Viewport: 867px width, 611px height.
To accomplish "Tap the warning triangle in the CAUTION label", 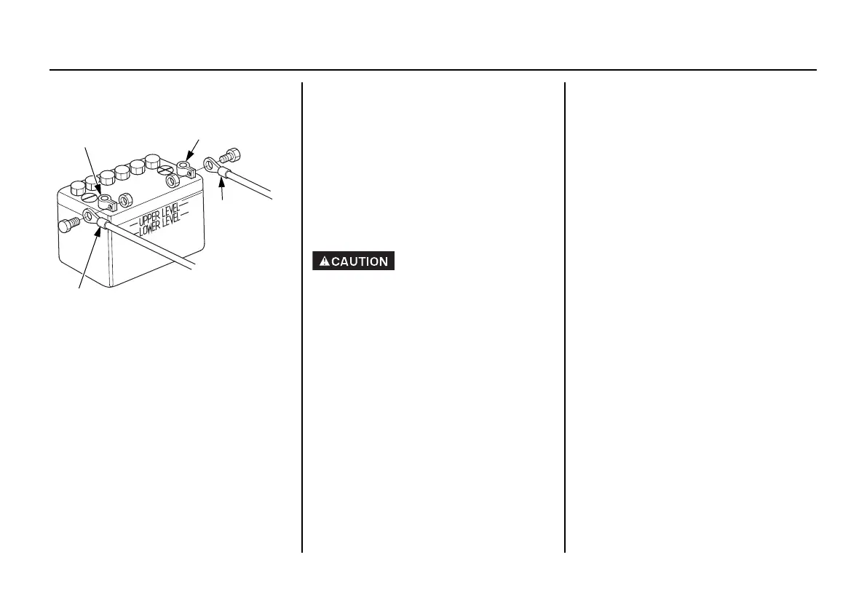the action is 324,261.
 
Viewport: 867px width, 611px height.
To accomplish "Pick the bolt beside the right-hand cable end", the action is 232,154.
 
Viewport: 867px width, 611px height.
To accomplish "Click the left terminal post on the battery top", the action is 108,200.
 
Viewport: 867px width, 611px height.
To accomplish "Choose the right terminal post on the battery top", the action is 186,170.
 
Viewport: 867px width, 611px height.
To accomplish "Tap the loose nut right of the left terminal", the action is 125,198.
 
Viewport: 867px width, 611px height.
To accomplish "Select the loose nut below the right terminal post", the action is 172,180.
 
